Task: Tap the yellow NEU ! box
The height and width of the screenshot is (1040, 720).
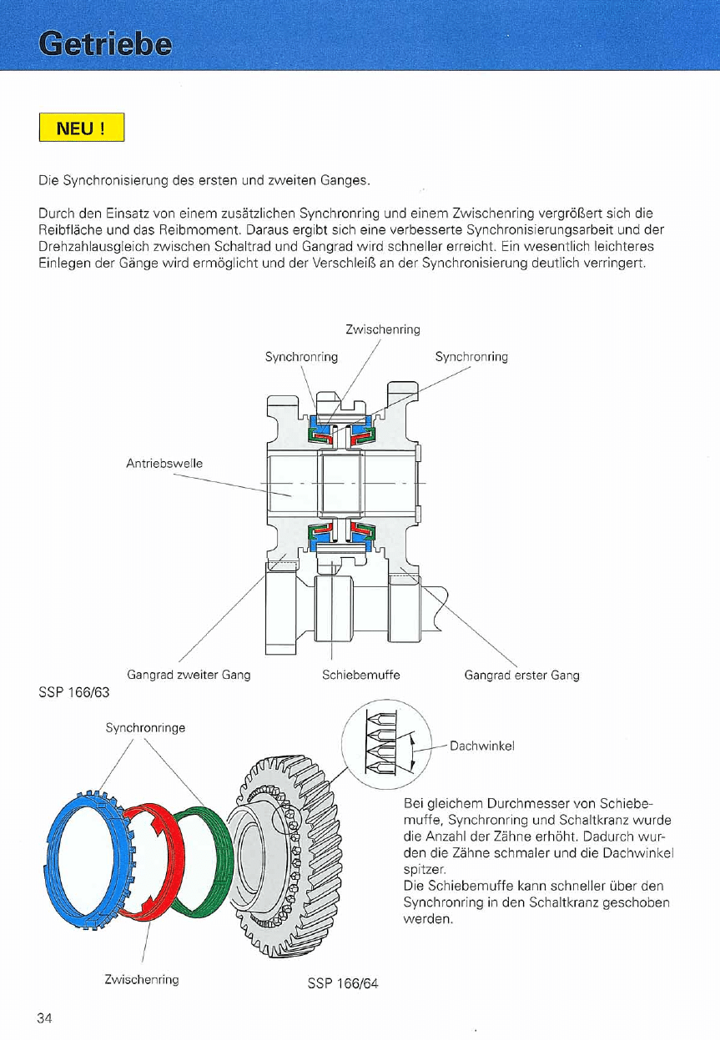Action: [81, 129]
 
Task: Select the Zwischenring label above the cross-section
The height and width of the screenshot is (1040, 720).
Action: [382, 329]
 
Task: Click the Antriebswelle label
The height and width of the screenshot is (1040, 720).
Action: [164, 463]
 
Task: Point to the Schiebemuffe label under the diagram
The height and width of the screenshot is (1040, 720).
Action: [360, 675]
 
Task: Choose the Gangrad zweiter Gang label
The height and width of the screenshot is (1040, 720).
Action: [189, 675]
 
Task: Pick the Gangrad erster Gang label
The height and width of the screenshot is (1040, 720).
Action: [521, 675]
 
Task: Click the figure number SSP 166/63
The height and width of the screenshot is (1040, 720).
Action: [74, 692]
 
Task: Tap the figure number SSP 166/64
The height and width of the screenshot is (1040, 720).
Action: [343, 983]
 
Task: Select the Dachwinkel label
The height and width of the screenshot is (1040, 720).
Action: [481, 746]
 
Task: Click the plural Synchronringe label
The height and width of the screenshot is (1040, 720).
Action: [145, 727]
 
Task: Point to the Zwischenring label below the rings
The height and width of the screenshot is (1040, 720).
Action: [142, 979]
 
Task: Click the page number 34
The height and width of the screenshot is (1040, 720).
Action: [45, 1017]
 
